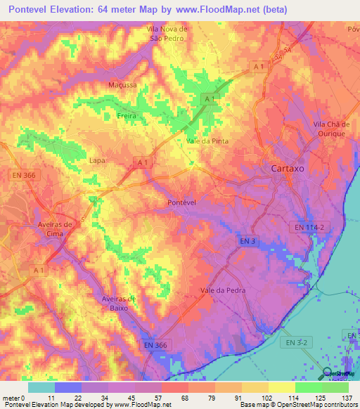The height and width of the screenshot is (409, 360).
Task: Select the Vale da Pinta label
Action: click(207, 141)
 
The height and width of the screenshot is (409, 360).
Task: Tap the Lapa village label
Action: click(97, 160)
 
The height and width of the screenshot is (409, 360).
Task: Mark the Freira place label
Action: click(126, 116)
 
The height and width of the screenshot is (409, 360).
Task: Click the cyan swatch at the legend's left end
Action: click(41, 387)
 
